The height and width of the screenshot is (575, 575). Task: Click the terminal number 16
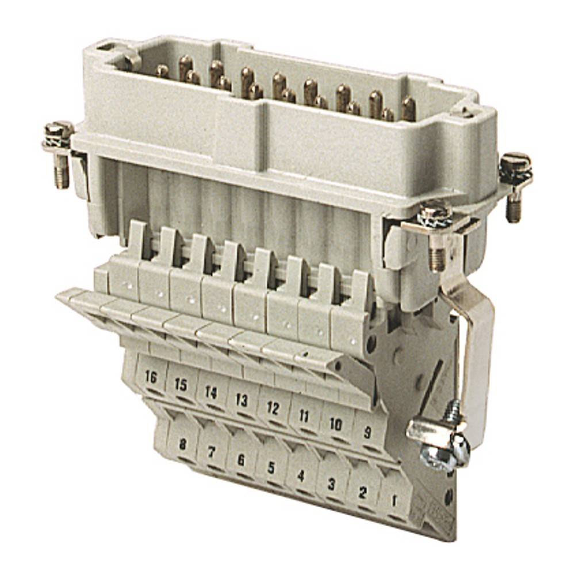151,378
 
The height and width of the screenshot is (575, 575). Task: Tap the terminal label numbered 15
181,385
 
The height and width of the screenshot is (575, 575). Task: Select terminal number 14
210,393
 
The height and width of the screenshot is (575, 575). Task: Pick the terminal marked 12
272,409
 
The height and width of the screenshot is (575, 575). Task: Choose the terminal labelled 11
304,416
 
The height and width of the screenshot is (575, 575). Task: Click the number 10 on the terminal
335,424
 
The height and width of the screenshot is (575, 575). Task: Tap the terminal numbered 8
182,444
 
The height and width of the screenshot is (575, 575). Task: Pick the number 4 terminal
300,476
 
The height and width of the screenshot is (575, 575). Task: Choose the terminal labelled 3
331,484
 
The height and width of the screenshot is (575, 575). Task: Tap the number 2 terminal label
362,492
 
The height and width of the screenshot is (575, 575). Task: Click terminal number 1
394,500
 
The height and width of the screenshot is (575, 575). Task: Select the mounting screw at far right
515,167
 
